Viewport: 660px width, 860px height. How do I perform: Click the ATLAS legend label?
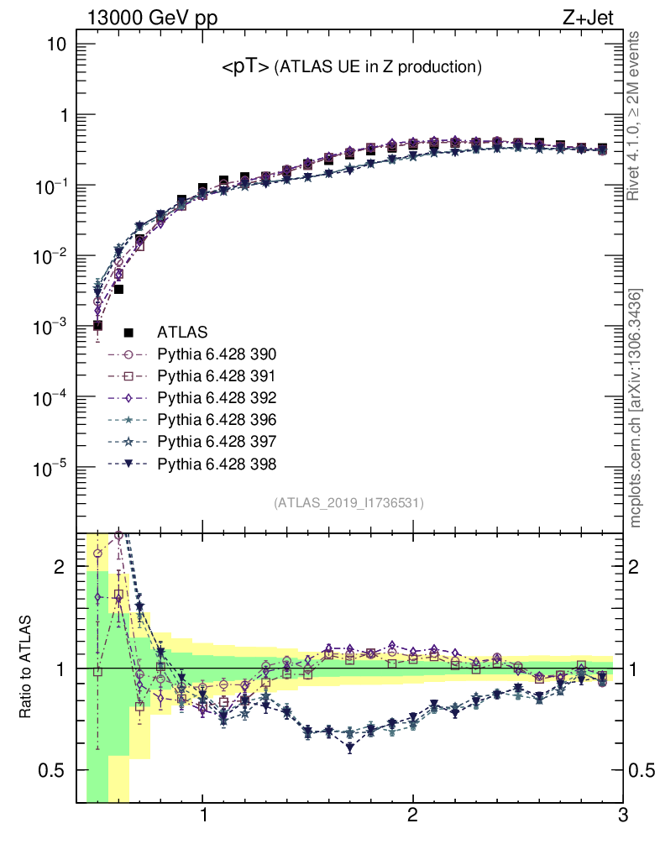tap(182, 332)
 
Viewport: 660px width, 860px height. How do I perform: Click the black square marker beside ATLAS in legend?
tap(128, 332)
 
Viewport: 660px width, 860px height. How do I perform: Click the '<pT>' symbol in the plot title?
tap(245, 68)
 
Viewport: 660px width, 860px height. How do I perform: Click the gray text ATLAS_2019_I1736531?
tap(348, 503)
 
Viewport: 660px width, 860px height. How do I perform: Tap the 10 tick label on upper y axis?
tap(55, 45)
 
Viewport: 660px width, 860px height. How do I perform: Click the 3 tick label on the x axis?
tap(622, 815)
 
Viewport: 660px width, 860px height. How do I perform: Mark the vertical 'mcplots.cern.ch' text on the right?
tap(636, 407)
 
